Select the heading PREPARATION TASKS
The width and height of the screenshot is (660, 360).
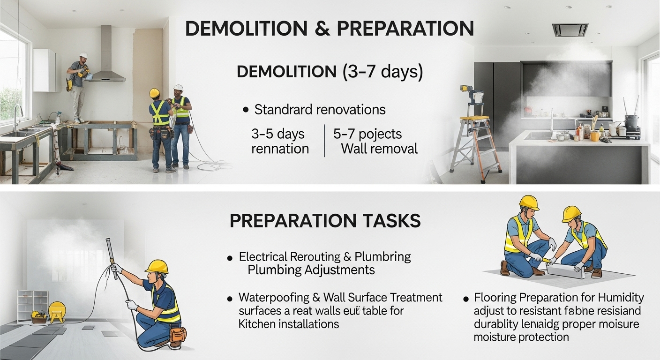click(325, 221)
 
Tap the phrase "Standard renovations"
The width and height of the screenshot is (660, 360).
click(320, 110)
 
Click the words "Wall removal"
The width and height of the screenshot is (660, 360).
click(379, 149)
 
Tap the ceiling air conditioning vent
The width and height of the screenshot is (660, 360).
click(570, 30)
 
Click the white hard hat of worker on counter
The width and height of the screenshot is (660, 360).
click(83, 55)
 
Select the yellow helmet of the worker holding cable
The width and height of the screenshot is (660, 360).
click(157, 266)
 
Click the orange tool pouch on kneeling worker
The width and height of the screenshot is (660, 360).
click(178, 334)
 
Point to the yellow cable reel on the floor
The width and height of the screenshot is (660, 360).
click(57, 311)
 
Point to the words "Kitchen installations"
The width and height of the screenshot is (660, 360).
click(288, 323)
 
